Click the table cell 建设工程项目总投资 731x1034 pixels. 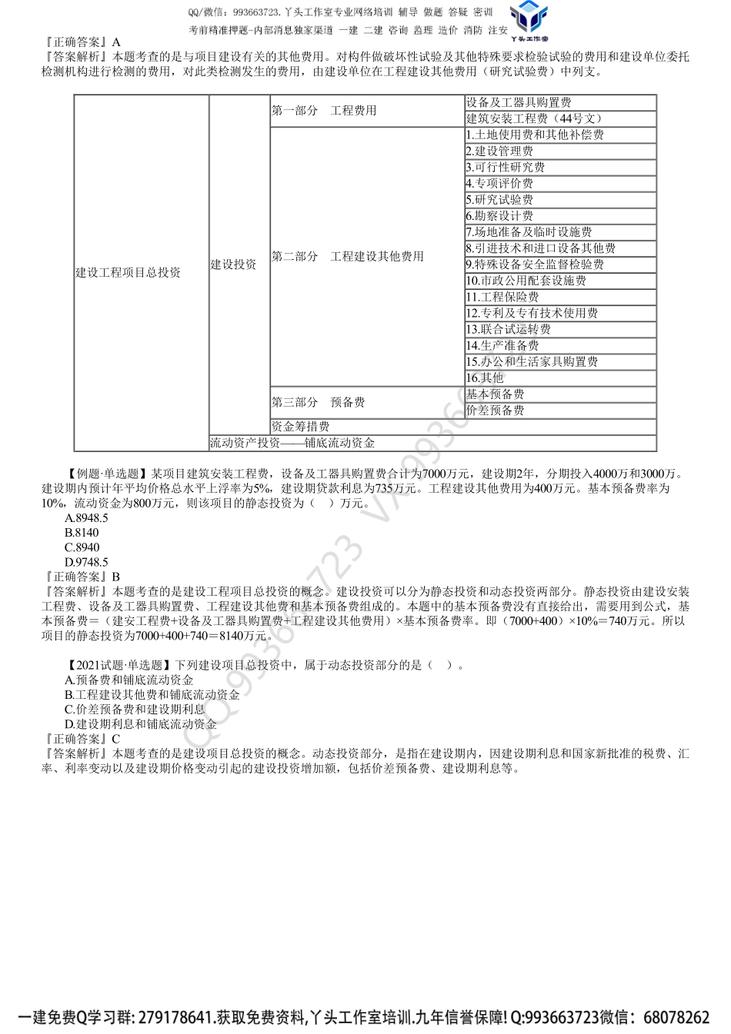[129, 273]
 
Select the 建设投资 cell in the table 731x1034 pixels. [234, 264]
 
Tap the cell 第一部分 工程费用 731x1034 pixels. [324, 111]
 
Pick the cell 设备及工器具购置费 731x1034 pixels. [519, 102]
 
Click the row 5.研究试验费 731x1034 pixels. [500, 200]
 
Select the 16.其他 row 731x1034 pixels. [486, 377]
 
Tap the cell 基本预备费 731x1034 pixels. [496, 394]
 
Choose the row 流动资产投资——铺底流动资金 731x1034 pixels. [293, 443]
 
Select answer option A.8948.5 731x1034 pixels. [86, 518]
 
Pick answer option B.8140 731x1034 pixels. [82, 533]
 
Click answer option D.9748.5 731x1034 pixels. [86, 562]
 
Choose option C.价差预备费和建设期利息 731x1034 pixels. [135, 710]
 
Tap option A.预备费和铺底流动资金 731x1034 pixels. [129, 680]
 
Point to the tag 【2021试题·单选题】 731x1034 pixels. [115, 666]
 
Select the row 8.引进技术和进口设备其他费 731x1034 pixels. [541, 248]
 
